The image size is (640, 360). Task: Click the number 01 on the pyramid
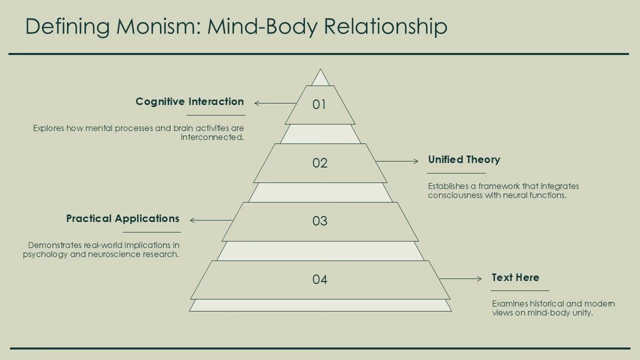pos(319,104)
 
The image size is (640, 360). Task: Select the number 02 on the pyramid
pos(320,163)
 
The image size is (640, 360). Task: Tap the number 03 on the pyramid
pos(320,221)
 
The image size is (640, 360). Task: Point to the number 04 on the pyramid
pos(320,279)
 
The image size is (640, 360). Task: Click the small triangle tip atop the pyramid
pos(320,79)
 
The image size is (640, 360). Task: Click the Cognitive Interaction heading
pos(189,101)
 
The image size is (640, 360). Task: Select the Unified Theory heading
pos(464,159)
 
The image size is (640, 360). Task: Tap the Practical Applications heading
pos(122,218)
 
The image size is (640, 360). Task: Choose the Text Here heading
pos(515,277)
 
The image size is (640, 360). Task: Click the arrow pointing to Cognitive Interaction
pos(275,103)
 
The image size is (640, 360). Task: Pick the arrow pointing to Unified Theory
pos(397,161)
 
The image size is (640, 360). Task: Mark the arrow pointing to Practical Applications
pos(211,220)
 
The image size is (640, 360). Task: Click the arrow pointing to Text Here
pos(460,279)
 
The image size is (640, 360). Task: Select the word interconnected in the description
pos(212,137)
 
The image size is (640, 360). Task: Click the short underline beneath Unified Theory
pos(456,173)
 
